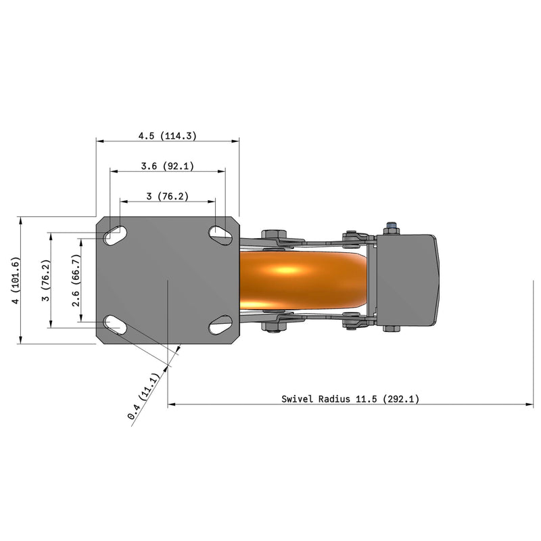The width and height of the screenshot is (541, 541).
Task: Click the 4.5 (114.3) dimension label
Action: click(x=167, y=135)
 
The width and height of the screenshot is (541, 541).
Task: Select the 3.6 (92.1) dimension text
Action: click(x=167, y=166)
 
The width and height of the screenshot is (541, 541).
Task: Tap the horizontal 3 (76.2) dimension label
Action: click(x=167, y=197)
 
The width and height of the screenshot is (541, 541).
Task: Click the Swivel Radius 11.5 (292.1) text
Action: click(x=350, y=399)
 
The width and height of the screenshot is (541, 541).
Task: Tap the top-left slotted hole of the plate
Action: click(x=116, y=235)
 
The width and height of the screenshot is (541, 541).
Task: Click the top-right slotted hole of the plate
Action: click(x=220, y=234)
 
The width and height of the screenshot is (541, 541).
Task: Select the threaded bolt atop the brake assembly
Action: click(x=391, y=226)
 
